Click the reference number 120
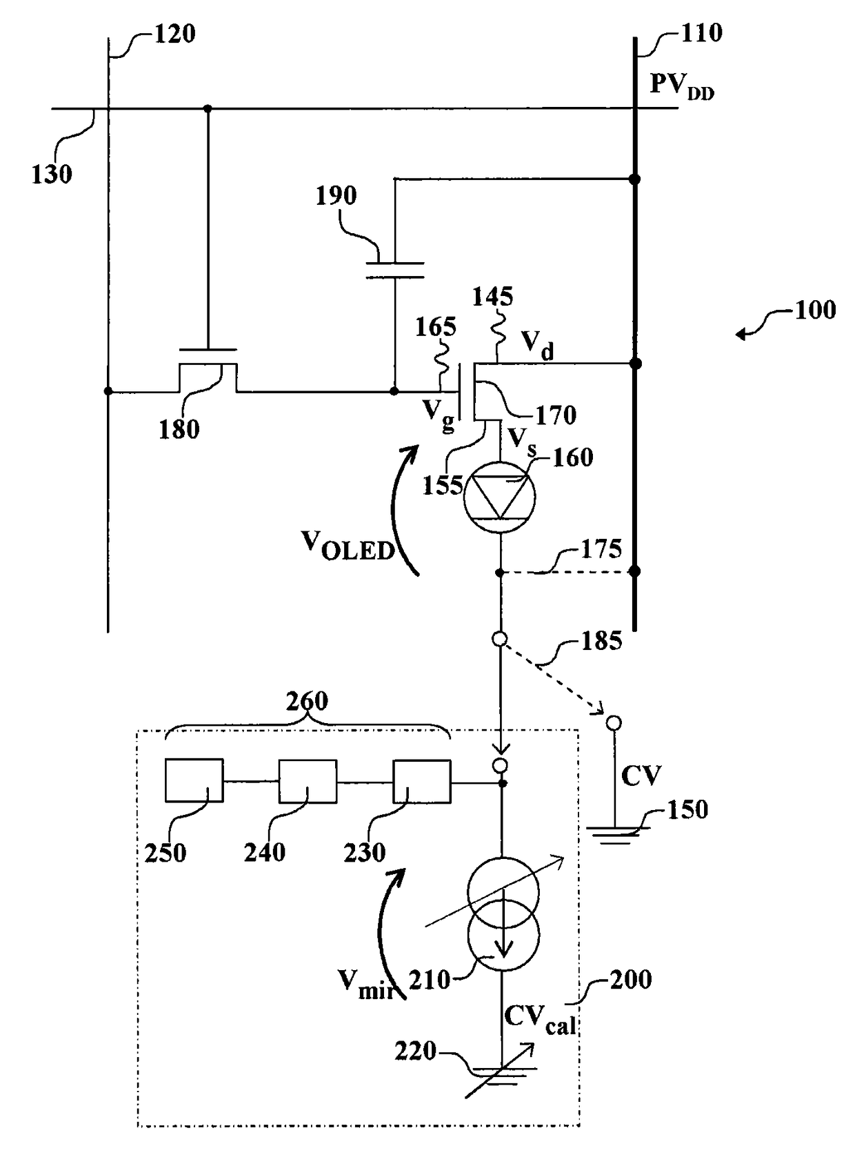(x=174, y=34)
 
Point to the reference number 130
(x=52, y=175)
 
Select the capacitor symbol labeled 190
(x=395, y=270)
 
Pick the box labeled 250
(x=194, y=780)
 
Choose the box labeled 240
(x=308, y=780)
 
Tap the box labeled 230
(x=421, y=780)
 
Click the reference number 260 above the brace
(x=307, y=701)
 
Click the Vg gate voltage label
(x=439, y=415)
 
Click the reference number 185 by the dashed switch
(x=602, y=640)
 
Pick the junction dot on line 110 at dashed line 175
(x=634, y=572)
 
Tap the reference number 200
(x=630, y=980)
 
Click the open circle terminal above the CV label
(x=614, y=723)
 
